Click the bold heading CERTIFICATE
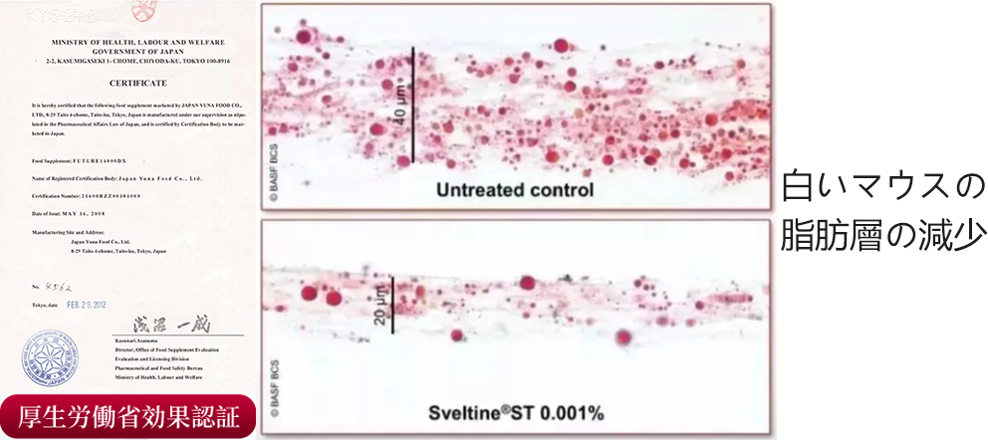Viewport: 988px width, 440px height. (x=138, y=84)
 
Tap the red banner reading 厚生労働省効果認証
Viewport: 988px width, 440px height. (x=130, y=417)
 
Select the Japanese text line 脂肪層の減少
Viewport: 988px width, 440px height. (x=882, y=238)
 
